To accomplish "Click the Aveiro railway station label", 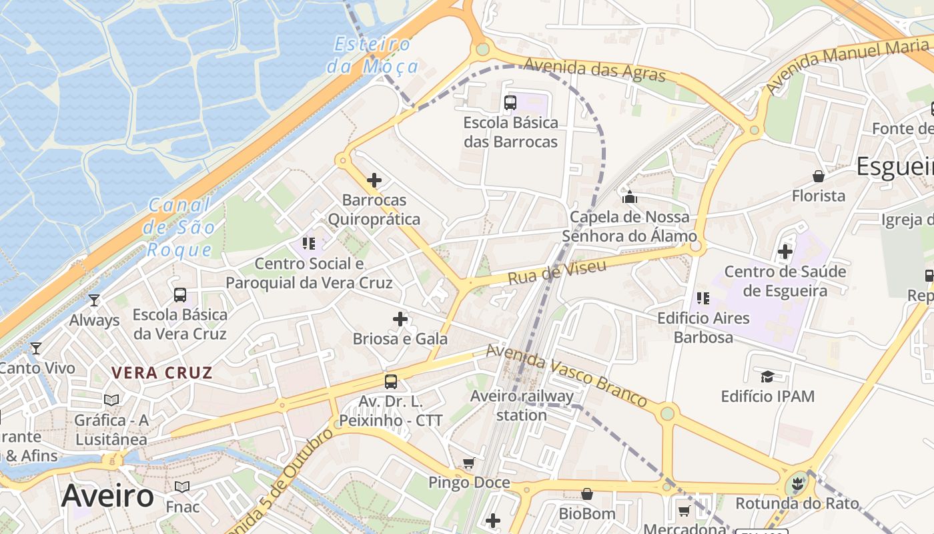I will [x=522, y=405].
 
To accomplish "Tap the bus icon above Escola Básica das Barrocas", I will [x=510, y=103].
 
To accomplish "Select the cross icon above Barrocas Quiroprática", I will [x=374, y=180].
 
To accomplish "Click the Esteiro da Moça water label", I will [x=372, y=55].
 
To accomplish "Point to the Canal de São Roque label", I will [x=178, y=228].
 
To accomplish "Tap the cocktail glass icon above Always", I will [x=94, y=300].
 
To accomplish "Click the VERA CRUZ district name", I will [x=161, y=373].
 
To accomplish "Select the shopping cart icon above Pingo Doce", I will [x=469, y=463].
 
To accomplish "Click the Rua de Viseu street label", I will [x=557, y=272].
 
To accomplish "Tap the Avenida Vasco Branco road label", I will [x=566, y=376].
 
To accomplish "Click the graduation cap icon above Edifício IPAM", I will [x=767, y=377].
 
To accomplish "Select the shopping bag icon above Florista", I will [x=818, y=176].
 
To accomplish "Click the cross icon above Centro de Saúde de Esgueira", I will [x=785, y=252].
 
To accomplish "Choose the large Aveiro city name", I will [x=107, y=497].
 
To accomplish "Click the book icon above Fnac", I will [x=182, y=487].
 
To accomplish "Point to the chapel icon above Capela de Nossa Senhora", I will [x=629, y=197].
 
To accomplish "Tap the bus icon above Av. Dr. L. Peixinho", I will [x=391, y=382].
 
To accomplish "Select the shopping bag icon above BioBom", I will [x=587, y=494].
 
